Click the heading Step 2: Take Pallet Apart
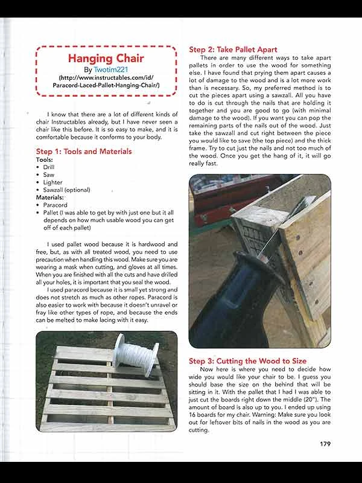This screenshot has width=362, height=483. point(233,50)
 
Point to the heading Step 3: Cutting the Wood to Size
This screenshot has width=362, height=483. point(248,361)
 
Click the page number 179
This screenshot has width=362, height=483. point(325,444)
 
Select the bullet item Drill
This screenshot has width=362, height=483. point(49,167)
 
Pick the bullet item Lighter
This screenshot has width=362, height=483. point(52,182)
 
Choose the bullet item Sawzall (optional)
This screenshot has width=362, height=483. point(66,190)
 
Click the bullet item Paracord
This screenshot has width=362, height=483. point(56,205)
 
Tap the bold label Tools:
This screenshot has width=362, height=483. point(45,159)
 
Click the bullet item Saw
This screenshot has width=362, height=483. point(49,175)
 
